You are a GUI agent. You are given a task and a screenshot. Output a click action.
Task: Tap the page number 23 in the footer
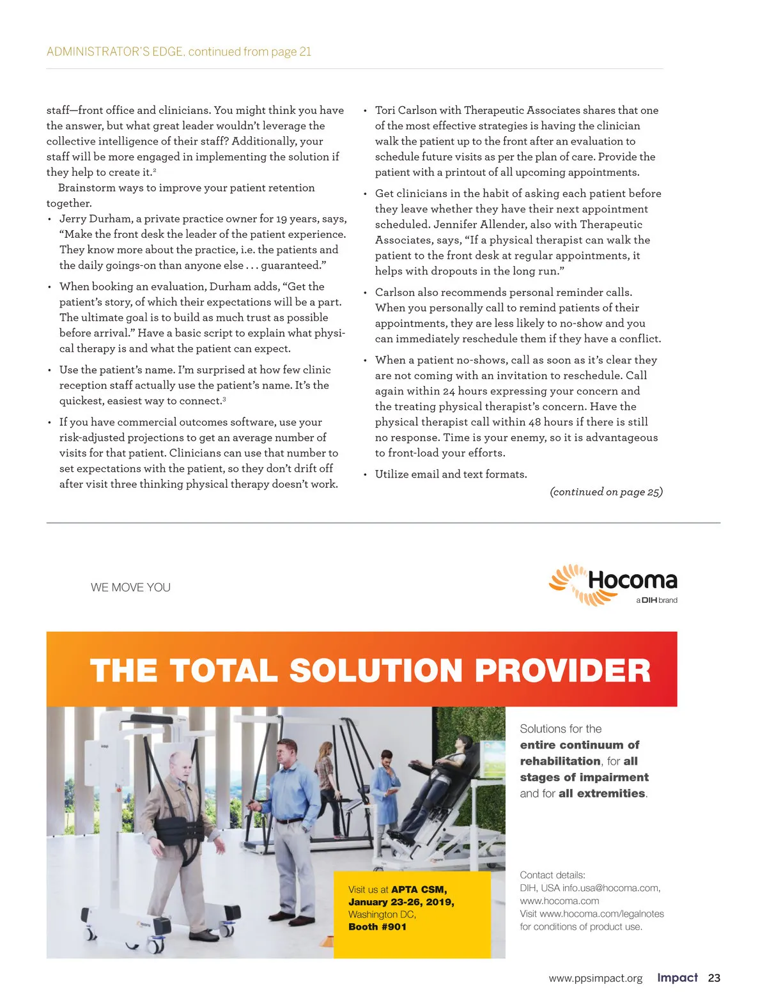pyautogui.click(x=714, y=978)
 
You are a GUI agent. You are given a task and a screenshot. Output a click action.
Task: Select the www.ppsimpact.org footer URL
pyautogui.click(x=595, y=978)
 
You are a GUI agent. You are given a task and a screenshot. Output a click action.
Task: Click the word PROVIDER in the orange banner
pyautogui.click(x=562, y=671)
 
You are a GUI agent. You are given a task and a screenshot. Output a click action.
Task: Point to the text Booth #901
pyautogui.click(x=377, y=926)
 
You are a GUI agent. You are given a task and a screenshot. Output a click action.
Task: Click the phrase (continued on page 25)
pyautogui.click(x=606, y=492)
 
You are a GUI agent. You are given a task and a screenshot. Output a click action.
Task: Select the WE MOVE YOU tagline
pyautogui.click(x=130, y=588)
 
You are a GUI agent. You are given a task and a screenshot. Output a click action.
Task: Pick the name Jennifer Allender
pyautogui.click(x=479, y=224)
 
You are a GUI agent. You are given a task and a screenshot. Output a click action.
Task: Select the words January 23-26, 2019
pyautogui.click(x=401, y=902)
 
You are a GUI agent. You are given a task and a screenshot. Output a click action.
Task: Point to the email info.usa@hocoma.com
pyautogui.click(x=610, y=888)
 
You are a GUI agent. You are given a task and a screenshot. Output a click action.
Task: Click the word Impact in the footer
pyautogui.click(x=677, y=978)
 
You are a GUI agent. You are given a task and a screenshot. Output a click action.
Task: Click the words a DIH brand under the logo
pyautogui.click(x=656, y=600)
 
